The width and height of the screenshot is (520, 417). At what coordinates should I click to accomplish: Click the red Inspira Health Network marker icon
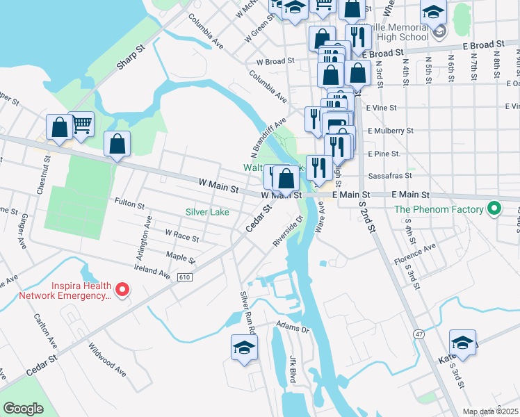122,289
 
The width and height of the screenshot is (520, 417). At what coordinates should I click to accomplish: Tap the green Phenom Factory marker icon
494,208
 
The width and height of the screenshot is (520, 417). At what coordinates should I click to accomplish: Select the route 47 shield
419,334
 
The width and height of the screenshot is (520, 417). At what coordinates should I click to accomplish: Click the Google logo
23,409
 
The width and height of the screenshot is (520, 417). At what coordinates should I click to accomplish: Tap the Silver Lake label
207,212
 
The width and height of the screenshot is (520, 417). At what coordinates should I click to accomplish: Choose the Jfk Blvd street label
293,369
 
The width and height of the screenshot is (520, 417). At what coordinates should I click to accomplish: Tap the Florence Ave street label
415,257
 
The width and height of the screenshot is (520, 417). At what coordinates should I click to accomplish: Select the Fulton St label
130,206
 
